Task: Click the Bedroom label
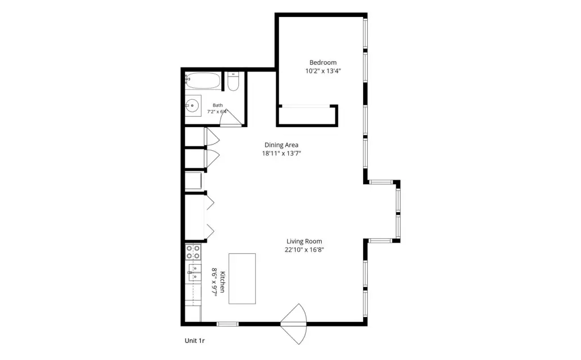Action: coord(323,62)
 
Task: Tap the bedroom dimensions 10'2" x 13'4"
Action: coord(323,71)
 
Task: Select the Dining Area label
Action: coord(281,145)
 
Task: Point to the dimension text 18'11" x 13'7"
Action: coord(281,153)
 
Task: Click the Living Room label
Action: coord(304,241)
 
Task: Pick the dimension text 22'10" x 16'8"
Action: coord(304,249)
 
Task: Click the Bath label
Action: coord(217,105)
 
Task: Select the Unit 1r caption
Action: coord(195,341)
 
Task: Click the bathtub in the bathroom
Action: coord(203,81)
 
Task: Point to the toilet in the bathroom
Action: coord(233,82)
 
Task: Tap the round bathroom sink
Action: coord(192,105)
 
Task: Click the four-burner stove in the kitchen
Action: coord(193,252)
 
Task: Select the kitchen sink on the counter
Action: coord(194,273)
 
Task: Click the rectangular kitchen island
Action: coord(242,278)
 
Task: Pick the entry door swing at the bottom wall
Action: coord(293,324)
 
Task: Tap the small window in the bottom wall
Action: coord(228,324)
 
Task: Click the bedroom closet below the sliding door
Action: coord(307,116)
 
